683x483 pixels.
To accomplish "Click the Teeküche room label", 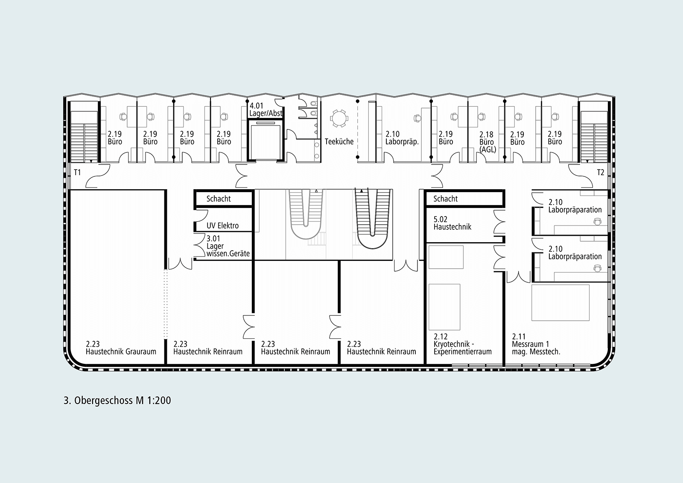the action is [339, 142].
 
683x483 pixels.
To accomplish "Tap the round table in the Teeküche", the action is [339, 118].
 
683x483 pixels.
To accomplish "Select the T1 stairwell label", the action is [77, 173].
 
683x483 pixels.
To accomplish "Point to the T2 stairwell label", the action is [600, 173].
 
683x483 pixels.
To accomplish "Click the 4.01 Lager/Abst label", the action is [266, 109].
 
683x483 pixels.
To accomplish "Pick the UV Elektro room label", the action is [222, 226].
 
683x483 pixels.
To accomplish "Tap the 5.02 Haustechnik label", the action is [452, 223].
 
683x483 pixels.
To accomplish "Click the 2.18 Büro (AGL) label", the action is [487, 142].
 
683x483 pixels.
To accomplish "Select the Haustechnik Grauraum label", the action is [121, 348].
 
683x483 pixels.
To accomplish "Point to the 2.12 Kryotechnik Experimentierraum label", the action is [463, 344].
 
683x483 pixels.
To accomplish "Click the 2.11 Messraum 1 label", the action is [536, 344].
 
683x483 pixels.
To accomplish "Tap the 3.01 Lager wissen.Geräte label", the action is [228, 246].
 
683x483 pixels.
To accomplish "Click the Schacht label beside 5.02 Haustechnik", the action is [446, 199].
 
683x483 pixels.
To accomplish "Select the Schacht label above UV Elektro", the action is [219, 199].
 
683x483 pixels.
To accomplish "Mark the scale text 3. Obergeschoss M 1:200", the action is [117, 400].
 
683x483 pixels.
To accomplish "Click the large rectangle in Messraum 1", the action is [560, 303].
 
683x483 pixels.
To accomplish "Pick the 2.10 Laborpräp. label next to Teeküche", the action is [402, 138].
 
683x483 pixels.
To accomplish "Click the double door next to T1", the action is [98, 176].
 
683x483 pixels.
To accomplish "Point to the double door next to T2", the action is [581, 176].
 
